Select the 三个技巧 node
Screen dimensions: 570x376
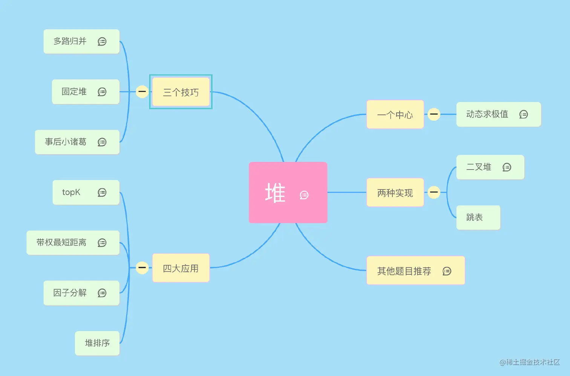pos(181,92)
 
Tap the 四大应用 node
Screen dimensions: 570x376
pos(181,268)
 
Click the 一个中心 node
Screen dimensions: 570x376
pos(395,115)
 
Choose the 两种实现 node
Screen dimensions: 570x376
pos(395,193)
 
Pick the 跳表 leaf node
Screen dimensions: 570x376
pos(478,217)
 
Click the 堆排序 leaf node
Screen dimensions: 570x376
pos(97,343)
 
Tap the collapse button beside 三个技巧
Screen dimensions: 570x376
pos(142,92)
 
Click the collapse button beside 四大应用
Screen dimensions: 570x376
pos(142,267)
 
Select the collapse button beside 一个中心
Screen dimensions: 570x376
pos(434,114)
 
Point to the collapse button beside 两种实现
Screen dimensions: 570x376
pos(434,192)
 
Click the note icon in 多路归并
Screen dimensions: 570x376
pos(102,41)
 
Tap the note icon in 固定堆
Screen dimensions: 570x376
pos(102,92)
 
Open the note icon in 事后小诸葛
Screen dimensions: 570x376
pos(102,142)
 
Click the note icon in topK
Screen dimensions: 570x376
pos(102,193)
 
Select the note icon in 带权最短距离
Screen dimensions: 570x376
pos(102,243)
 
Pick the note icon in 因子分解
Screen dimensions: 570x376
pos(102,293)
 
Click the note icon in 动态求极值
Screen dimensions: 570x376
pos(523,114)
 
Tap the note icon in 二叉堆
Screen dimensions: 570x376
pos(507,167)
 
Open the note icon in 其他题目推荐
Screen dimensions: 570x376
pos(447,271)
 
